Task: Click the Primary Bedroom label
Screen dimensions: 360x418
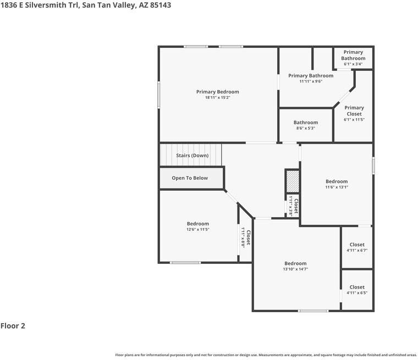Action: coord(218,92)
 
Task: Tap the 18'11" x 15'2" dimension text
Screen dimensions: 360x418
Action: coord(218,98)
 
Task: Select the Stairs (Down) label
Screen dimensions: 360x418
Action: coord(192,156)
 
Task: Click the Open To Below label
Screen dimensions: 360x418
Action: coord(190,178)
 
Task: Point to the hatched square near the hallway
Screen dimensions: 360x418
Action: coord(293,180)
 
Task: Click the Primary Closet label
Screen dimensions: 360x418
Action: coord(354,111)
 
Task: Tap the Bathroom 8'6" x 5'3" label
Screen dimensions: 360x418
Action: coord(305,123)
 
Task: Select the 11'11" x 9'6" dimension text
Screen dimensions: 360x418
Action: coord(311,81)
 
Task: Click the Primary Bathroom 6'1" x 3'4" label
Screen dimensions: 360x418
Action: coord(353,56)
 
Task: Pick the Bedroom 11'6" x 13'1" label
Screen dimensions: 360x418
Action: coord(337,181)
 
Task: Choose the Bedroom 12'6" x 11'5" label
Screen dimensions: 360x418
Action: coord(197,224)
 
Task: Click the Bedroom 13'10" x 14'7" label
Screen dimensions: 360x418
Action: coord(295,264)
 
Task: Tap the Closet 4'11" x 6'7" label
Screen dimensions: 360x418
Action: coord(357,245)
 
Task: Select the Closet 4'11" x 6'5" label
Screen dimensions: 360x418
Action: coord(357,287)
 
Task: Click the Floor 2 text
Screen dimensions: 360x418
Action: coord(13,326)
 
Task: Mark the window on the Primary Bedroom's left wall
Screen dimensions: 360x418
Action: coord(159,95)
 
